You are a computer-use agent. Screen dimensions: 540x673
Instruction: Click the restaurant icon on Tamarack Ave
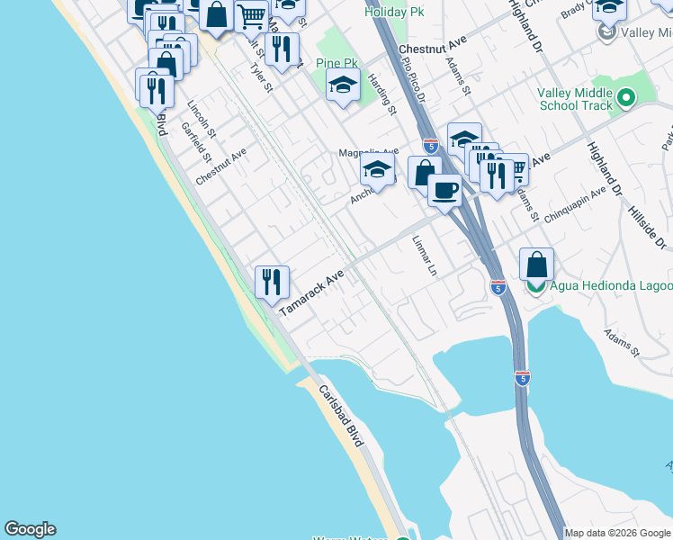coord(271,282)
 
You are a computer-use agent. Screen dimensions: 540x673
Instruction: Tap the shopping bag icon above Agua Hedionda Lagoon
coord(536,264)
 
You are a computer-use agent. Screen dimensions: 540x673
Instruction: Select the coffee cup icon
coord(444,191)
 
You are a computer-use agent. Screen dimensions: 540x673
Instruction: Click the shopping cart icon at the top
coord(253,14)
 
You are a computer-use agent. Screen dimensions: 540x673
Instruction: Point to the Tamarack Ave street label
coord(311,295)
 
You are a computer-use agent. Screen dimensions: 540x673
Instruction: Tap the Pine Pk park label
coord(337,63)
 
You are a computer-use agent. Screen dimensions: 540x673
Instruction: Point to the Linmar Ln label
coord(425,256)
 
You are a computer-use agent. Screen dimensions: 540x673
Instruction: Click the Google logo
coord(30,529)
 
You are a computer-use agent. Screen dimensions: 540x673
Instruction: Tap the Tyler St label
coord(261,76)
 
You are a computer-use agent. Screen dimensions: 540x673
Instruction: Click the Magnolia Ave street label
coord(368,152)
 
